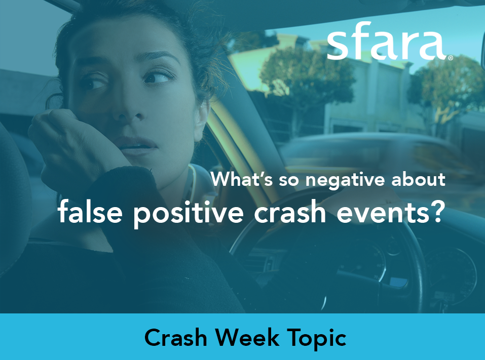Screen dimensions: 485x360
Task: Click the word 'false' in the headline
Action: coord(90,212)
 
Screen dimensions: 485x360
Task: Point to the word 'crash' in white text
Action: coord(290,212)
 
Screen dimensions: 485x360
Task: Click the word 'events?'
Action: coord(390,212)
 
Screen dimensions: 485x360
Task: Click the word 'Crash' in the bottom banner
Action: coord(176,337)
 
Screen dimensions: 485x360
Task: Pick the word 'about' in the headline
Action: coord(418,179)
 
